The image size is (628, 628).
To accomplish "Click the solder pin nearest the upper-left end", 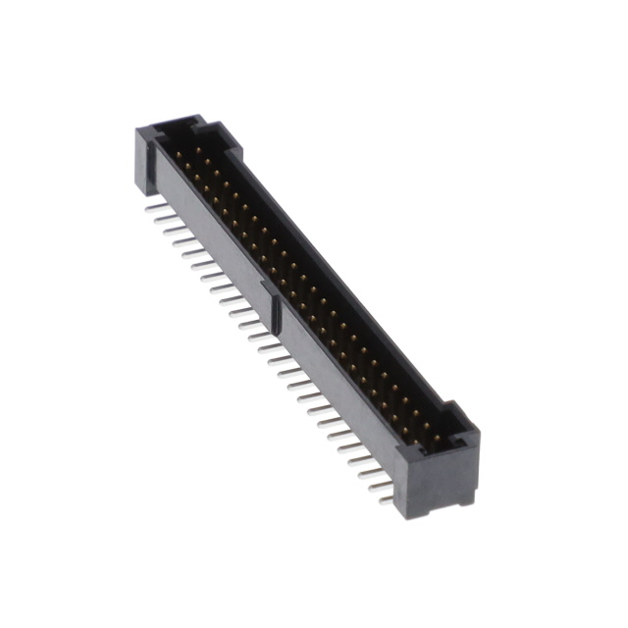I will point(152,207).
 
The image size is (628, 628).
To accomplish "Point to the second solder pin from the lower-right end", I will point(378,487).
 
